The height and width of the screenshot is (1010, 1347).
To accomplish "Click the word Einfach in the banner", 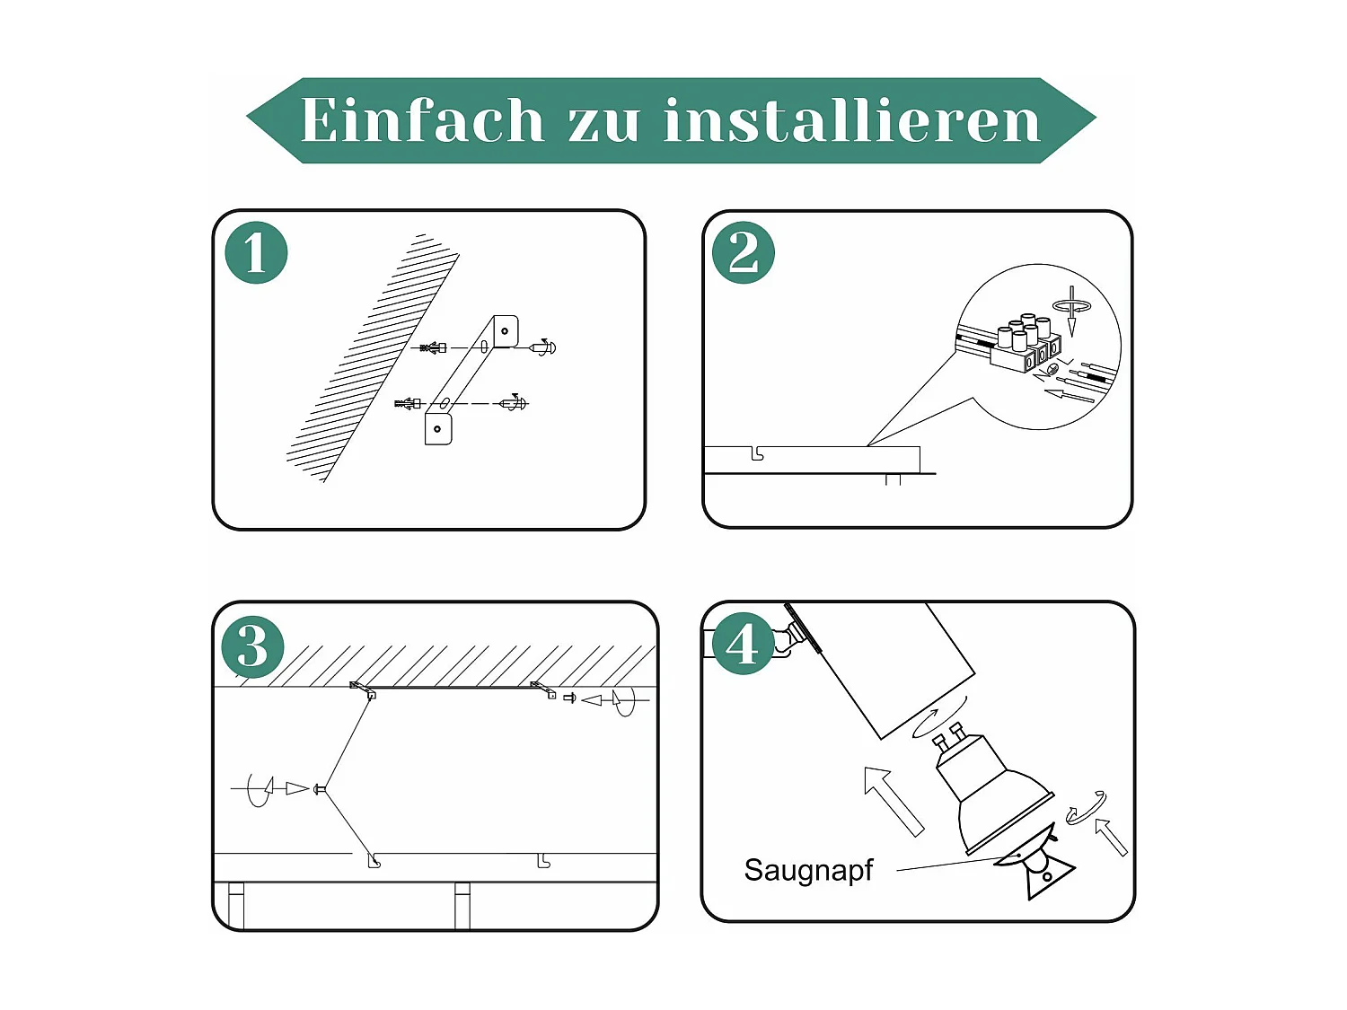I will (422, 120).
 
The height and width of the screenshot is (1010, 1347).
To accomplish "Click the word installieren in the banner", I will (851, 120).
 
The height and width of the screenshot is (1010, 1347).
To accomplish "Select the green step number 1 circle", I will (256, 253).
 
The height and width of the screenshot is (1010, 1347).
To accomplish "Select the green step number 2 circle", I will (743, 253).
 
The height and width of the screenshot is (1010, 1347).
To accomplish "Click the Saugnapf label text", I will (808, 870).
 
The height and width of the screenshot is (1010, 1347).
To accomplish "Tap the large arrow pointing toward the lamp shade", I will (893, 800).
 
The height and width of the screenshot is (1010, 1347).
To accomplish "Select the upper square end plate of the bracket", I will (506, 331).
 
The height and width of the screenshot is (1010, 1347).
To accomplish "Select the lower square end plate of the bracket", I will (438, 428).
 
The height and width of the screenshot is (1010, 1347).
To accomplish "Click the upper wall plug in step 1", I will (433, 347).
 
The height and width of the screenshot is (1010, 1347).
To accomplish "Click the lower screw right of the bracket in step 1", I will (514, 403).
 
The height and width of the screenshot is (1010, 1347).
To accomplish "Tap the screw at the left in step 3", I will (318, 789).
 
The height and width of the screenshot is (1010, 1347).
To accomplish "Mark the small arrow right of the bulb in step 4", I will (1111, 836).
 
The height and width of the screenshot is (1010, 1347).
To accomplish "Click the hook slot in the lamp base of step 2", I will (757, 455).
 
